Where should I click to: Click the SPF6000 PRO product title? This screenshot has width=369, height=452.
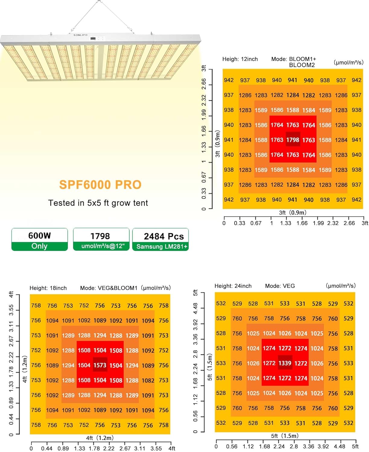[100, 185]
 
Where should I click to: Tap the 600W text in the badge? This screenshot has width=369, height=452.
[40, 236]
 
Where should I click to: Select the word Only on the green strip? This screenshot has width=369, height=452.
[40, 246]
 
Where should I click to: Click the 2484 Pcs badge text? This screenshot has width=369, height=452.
[164, 236]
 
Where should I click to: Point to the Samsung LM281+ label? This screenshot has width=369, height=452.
[162, 246]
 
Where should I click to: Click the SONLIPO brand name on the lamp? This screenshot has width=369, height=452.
[81, 35]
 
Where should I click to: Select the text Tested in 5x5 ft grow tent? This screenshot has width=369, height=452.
[98, 203]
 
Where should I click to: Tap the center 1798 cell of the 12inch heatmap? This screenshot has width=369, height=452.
[293, 140]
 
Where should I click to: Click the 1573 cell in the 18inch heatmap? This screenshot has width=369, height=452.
[100, 366]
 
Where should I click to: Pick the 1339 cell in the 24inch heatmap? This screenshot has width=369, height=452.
[285, 363]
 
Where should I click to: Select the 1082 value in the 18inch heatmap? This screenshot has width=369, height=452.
[148, 381]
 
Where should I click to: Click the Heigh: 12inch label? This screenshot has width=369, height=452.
[240, 59]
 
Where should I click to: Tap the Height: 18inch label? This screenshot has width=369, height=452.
[48, 288]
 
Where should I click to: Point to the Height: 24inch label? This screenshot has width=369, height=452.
[233, 286]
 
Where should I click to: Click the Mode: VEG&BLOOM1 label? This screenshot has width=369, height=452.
[109, 288]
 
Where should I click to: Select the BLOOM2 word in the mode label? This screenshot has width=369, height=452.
[302, 65]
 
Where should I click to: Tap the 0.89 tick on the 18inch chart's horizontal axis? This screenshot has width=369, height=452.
[63, 449]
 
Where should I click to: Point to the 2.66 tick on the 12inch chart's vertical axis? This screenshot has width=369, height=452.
[204, 84]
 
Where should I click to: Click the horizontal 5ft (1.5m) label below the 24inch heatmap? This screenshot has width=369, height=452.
[285, 436]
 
